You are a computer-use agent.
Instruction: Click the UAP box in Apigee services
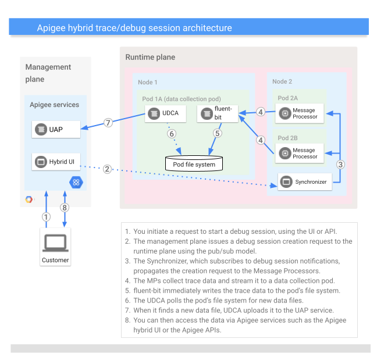click(x=56, y=129)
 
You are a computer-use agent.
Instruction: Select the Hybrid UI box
click(x=56, y=162)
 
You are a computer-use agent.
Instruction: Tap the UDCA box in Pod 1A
click(x=165, y=114)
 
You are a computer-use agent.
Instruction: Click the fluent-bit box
click(x=218, y=113)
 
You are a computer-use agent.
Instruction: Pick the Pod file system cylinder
click(x=194, y=163)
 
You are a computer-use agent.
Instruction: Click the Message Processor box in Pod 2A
click(x=298, y=113)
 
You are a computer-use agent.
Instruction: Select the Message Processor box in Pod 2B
click(x=298, y=153)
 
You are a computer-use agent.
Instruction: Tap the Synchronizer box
click(x=305, y=182)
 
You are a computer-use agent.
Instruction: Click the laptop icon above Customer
click(x=55, y=241)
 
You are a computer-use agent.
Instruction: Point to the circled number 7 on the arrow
click(x=108, y=123)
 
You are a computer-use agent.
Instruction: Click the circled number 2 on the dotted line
click(x=107, y=170)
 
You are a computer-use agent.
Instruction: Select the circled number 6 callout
click(x=171, y=133)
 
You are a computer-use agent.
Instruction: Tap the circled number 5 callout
click(x=218, y=133)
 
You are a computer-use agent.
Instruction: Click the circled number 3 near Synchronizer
click(x=340, y=164)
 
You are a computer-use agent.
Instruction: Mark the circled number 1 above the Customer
click(x=47, y=216)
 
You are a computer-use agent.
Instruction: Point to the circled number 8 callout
click(x=65, y=206)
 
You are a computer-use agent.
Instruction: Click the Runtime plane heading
click(x=150, y=57)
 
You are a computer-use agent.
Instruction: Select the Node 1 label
click(x=148, y=82)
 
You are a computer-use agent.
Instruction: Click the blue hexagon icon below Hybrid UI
click(x=76, y=182)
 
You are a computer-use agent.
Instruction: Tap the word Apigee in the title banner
click(x=51, y=28)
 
